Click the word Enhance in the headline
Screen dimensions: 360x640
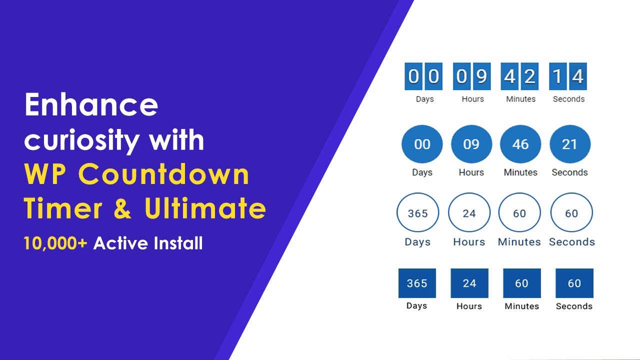pyautogui.click(x=91, y=105)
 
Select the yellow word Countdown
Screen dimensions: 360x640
pyautogui.click(x=163, y=174)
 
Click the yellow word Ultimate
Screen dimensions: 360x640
pyautogui.click(x=205, y=208)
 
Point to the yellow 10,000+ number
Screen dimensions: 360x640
pyautogui.click(x=55, y=243)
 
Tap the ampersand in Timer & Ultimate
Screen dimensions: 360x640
pyautogui.click(x=121, y=209)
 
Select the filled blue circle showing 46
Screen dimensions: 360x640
pyautogui.click(x=520, y=144)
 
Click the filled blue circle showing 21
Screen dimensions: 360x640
pyautogui.click(x=569, y=144)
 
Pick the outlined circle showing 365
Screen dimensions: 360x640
pyautogui.click(x=417, y=213)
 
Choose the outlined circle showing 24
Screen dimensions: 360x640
pyautogui.click(x=469, y=213)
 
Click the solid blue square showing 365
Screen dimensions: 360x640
pyautogui.click(x=417, y=283)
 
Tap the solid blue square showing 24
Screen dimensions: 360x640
pyautogui.click(x=469, y=283)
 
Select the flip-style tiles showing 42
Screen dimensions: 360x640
pyautogui.click(x=520, y=76)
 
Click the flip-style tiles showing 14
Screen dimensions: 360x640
pyautogui.click(x=568, y=76)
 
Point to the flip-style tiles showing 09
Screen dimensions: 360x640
pyautogui.click(x=472, y=76)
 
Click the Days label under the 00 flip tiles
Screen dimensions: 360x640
pyautogui.click(x=424, y=99)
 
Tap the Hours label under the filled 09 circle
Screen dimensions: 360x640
pyautogui.click(x=471, y=172)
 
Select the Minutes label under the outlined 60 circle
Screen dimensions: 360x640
pyautogui.click(x=519, y=242)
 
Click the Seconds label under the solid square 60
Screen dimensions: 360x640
pyautogui.click(x=574, y=306)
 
